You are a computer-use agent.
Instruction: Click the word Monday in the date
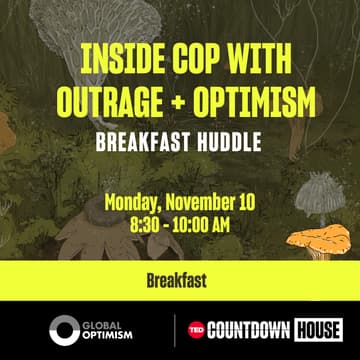(135, 202)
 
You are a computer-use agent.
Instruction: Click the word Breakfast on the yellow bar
(180, 281)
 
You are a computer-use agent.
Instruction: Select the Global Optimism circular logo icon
(65, 330)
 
